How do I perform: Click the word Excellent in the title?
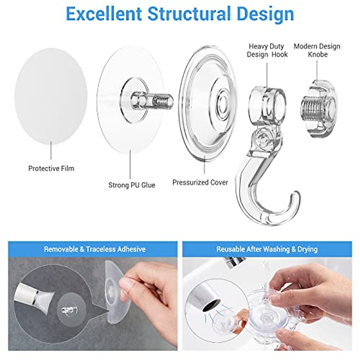[103, 14]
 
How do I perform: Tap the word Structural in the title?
[189, 14]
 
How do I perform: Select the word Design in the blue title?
[265, 14]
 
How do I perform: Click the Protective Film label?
[51, 169]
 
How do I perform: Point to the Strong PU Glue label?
[132, 185]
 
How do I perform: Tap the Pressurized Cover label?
[200, 182]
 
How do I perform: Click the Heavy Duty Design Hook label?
[267, 50]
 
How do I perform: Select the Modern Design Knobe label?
[317, 50]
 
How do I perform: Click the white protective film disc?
[51, 96]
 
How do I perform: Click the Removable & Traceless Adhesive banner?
[94, 249]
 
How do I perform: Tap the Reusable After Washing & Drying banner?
[267, 249]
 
